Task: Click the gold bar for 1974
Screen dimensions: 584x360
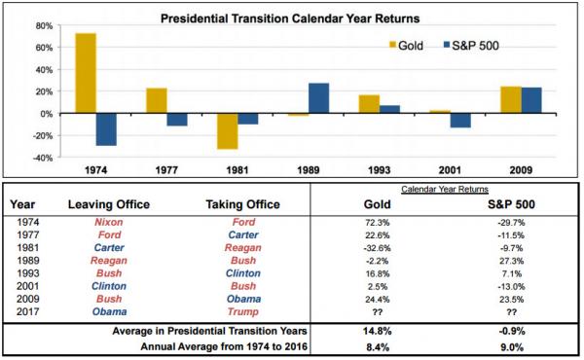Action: [x=86, y=73]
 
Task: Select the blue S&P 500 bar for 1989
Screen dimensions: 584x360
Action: [x=318, y=98]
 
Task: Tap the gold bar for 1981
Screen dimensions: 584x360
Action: [x=227, y=131]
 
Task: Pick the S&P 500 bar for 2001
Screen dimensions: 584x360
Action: [x=460, y=121]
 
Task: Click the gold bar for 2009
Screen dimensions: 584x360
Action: [x=511, y=100]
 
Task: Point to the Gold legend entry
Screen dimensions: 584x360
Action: [x=406, y=46]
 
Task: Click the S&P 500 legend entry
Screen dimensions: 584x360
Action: [x=471, y=46]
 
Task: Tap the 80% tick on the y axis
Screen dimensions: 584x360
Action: [x=45, y=26]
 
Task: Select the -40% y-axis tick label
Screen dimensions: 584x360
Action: [x=43, y=158]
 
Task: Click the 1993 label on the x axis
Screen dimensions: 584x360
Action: [x=380, y=170]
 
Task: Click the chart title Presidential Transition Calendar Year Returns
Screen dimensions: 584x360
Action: [x=290, y=18]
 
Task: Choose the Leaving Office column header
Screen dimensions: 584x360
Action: [x=109, y=204]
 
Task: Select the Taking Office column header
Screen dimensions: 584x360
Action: [x=242, y=204]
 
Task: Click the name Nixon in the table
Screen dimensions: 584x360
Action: [x=109, y=222]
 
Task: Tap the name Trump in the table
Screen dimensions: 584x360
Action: [x=242, y=311]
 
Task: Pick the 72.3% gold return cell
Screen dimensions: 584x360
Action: [x=378, y=223]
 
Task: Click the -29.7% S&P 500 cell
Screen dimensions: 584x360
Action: [x=511, y=223]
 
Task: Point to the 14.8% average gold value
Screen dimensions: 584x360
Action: [x=378, y=331]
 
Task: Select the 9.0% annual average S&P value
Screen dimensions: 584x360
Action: [x=512, y=347]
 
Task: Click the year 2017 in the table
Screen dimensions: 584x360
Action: [x=28, y=311]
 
